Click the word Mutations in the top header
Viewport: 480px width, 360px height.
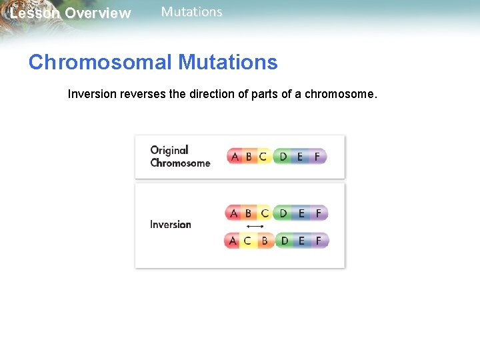point(191,12)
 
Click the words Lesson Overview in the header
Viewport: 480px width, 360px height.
point(70,13)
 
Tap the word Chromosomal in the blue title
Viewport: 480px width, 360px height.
point(100,63)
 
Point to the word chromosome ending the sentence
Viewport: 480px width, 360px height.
point(339,95)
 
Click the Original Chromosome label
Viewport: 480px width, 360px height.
point(180,157)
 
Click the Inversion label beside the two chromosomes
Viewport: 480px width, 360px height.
point(171,225)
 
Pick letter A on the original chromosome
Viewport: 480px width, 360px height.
point(234,157)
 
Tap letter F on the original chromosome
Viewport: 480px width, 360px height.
point(317,157)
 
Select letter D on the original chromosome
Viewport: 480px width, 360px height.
point(283,157)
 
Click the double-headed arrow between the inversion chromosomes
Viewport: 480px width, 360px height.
point(255,227)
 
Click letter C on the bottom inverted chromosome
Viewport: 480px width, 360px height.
point(247,241)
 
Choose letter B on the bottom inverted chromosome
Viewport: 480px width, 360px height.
point(264,241)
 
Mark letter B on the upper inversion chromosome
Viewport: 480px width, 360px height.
point(249,213)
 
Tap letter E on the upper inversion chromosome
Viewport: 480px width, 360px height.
point(301,213)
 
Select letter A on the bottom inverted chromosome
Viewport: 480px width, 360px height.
point(232,241)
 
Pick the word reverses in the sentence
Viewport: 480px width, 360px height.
point(143,95)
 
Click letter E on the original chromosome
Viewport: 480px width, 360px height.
point(300,157)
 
